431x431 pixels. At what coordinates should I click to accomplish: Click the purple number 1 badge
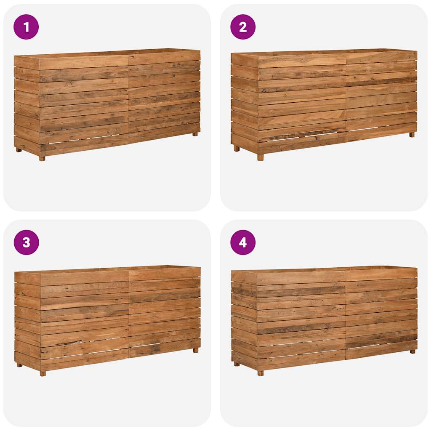[26, 27]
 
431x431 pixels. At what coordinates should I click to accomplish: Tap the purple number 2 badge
[243, 27]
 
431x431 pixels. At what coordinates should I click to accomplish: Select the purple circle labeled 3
[26, 242]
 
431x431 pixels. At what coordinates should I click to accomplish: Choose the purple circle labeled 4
[243, 242]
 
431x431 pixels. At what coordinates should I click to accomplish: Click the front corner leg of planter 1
[42, 158]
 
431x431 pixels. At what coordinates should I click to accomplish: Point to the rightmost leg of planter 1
[195, 134]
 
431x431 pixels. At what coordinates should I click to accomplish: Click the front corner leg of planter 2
[260, 157]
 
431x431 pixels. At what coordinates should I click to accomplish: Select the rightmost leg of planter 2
[412, 134]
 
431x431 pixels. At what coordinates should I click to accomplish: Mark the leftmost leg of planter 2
[237, 148]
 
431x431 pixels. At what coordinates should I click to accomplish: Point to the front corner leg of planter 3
[43, 373]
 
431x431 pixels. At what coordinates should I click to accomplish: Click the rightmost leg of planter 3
[195, 350]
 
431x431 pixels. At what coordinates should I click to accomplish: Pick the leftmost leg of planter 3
[19, 365]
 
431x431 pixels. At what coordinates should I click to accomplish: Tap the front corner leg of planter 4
[260, 373]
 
